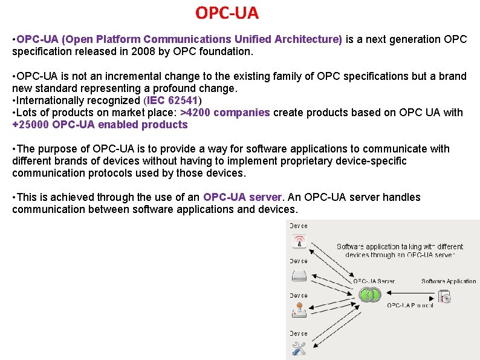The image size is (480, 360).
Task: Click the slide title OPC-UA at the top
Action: (227, 12)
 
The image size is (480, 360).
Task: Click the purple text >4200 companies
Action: (225, 113)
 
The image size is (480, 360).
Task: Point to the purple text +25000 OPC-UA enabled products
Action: (100, 125)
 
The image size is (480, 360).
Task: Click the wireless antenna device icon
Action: (299, 242)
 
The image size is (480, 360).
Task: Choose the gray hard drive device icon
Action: (299, 277)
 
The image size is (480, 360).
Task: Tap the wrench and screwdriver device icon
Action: (299, 349)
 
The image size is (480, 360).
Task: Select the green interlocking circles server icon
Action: (369, 295)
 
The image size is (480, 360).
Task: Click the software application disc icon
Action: (445, 296)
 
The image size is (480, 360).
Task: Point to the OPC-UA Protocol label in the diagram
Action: (410, 306)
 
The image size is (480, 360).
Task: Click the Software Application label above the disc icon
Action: (449, 281)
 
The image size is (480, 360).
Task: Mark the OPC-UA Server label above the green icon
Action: (374, 281)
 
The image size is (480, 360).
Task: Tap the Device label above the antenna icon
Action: (299, 226)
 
